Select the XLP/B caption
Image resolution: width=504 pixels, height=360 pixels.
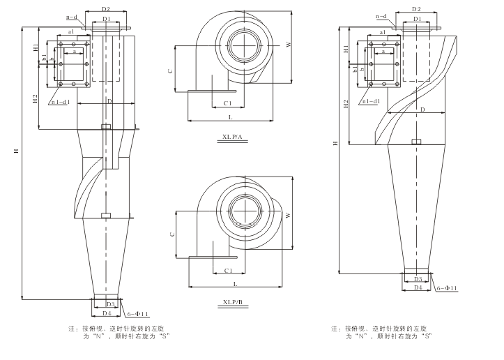point(232,303)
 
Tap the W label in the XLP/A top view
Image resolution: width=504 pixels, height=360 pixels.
point(288,44)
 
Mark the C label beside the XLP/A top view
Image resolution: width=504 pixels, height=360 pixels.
point(171,70)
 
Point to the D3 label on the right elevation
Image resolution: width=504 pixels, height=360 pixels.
point(418,279)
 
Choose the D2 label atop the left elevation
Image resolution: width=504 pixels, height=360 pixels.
point(106,10)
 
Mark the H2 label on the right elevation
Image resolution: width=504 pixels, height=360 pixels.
point(346,104)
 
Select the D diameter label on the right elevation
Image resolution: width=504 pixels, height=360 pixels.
point(422,110)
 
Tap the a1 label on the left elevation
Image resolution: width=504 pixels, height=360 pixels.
point(72,33)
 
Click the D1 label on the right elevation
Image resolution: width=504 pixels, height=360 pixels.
point(417,19)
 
